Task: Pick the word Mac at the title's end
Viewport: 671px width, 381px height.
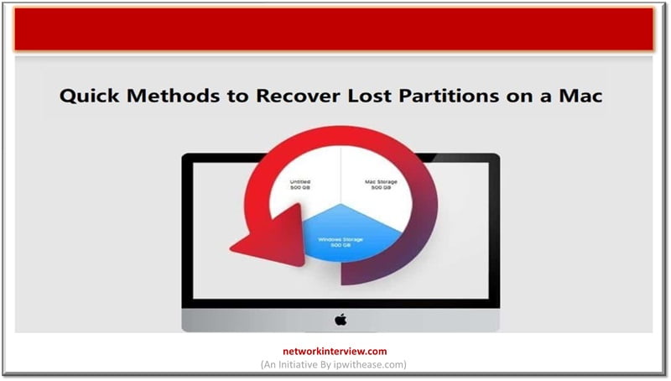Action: [584, 97]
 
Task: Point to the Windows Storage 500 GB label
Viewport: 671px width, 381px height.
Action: [341, 243]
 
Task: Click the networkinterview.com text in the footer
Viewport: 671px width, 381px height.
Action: [335, 352]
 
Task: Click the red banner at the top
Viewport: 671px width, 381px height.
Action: [334, 30]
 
